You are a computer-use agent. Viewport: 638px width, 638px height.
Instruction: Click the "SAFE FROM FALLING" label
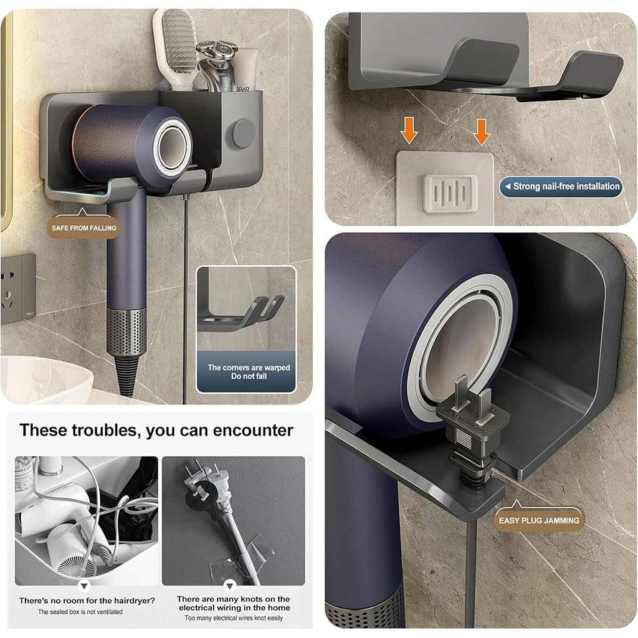point(84,228)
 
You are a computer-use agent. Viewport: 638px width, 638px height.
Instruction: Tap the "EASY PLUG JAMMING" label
point(539,520)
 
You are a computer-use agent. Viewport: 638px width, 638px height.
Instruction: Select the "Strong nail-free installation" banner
point(561,186)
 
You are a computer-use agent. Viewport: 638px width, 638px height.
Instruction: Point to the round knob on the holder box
point(244,133)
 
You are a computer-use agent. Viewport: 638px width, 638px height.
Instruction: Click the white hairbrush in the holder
point(176,44)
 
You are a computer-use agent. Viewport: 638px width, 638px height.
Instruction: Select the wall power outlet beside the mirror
point(17,288)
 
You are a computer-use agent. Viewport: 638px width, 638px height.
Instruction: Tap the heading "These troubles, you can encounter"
point(156,430)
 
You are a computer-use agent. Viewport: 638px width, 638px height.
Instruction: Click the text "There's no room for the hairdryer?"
point(87,601)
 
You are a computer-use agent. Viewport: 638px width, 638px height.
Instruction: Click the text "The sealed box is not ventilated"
point(80,612)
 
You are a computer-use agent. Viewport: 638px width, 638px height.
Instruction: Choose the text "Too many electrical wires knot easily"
point(233,618)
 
